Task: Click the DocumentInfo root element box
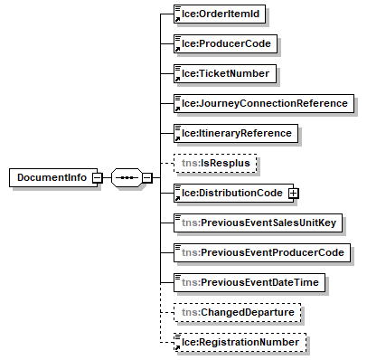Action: (53, 177)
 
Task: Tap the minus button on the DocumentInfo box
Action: (98, 177)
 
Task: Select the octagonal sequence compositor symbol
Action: (127, 177)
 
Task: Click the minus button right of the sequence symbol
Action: (147, 177)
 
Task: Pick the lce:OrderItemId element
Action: (220, 14)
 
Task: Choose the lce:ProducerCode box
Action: (225, 43)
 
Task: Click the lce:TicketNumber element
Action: (225, 73)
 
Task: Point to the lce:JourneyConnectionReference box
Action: (264, 103)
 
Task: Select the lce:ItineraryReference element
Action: (236, 133)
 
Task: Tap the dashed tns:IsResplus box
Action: (215, 163)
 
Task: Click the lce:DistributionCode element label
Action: (232, 193)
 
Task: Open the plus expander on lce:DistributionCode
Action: (293, 193)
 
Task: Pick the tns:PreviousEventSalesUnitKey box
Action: (258, 223)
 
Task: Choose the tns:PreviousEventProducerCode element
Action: (262, 252)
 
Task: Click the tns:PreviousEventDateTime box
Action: (249, 282)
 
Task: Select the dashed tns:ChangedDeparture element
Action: (237, 312)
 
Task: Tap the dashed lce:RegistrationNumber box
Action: (240, 342)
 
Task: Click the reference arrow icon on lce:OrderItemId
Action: (178, 20)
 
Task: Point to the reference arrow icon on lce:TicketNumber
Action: (178, 80)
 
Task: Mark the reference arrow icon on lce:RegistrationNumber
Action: (178, 348)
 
